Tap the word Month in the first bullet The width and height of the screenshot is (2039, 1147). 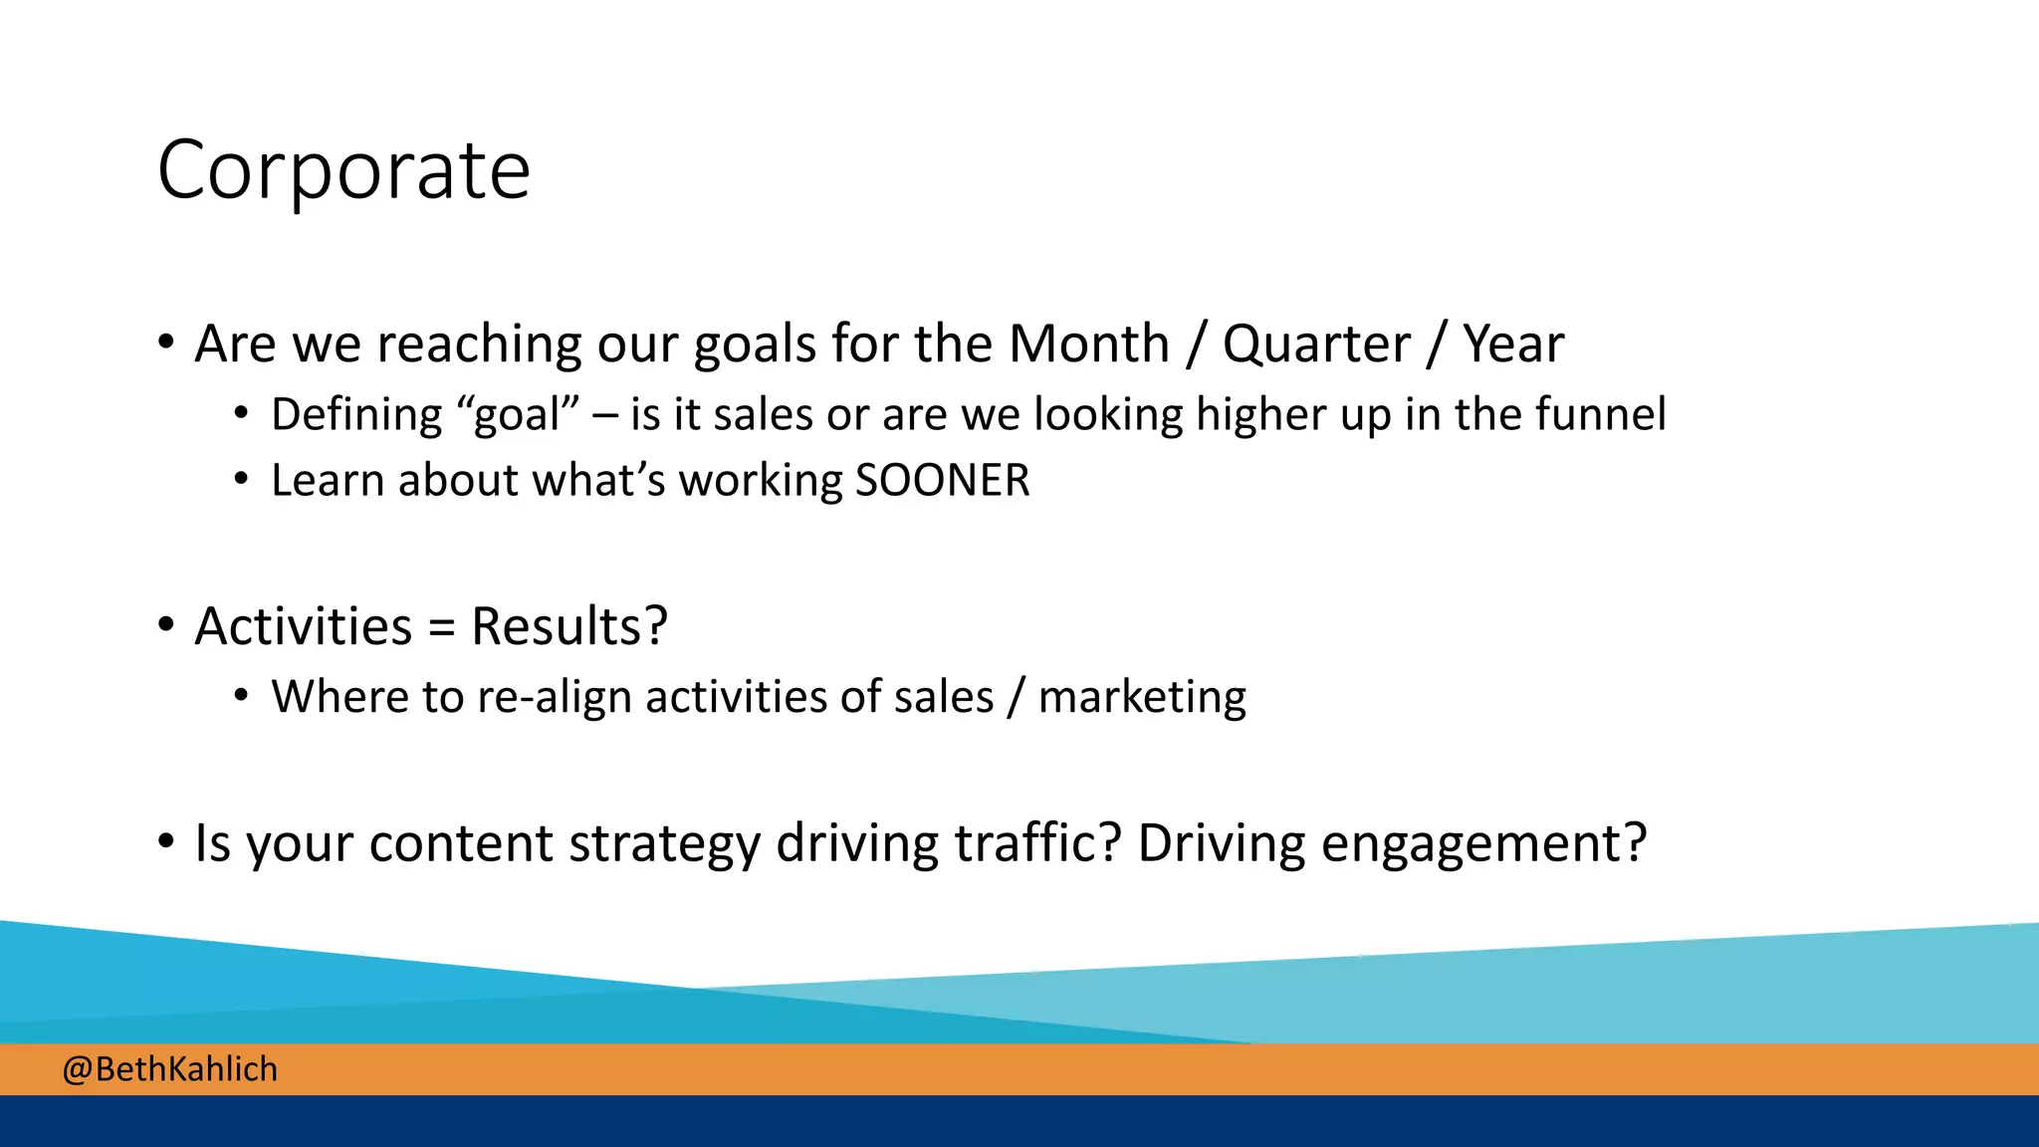(x=1088, y=344)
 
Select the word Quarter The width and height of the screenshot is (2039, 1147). (x=1316, y=344)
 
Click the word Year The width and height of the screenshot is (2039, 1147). (x=1512, y=344)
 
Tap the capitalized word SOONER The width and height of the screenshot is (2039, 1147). (x=942, y=481)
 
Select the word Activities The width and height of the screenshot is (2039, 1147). (x=304, y=627)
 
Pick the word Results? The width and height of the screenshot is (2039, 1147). (x=568, y=627)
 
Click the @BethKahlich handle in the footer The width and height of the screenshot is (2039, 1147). (x=170, y=1069)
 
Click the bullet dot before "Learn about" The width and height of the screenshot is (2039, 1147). (x=241, y=480)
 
